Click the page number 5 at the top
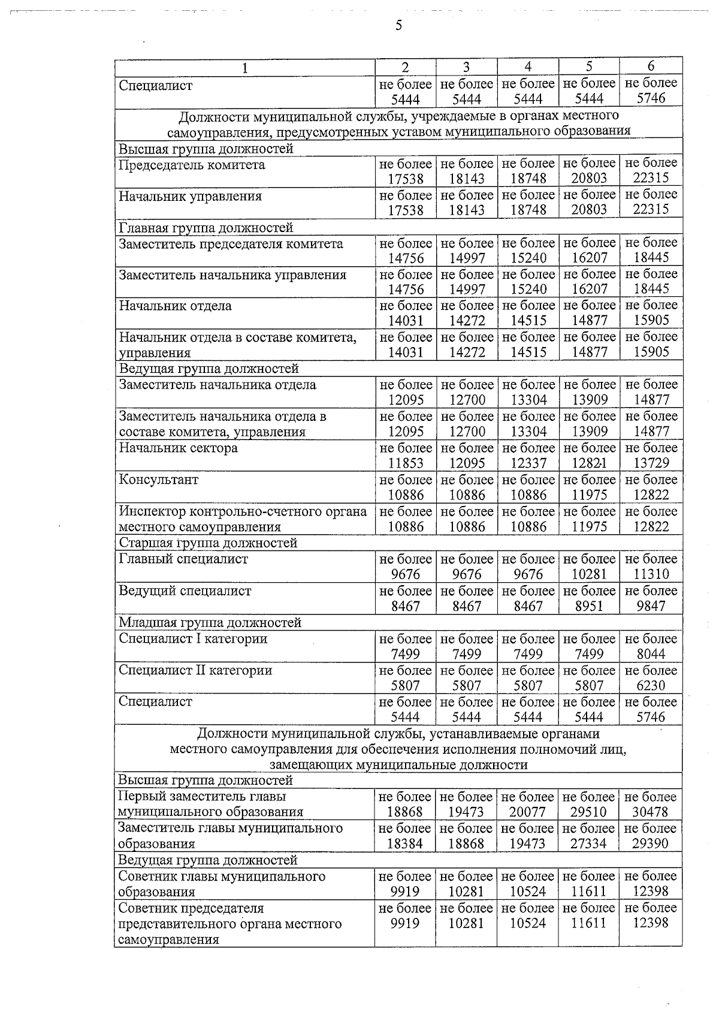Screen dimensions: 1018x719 click(x=398, y=26)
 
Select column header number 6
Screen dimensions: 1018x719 click(x=651, y=67)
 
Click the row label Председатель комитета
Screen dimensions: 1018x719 click(x=192, y=165)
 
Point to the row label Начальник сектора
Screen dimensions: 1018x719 click(x=178, y=448)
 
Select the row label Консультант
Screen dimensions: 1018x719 click(x=158, y=480)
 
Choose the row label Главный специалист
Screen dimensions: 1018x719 click(x=183, y=559)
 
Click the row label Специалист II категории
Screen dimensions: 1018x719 click(x=195, y=670)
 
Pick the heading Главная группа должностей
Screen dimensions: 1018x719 click(x=206, y=228)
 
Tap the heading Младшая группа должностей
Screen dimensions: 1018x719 click(x=210, y=623)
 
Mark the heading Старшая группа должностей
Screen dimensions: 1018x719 click(x=208, y=543)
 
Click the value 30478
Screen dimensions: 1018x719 click(x=650, y=812)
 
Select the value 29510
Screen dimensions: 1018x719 click(x=588, y=812)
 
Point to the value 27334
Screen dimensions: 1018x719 click(x=588, y=844)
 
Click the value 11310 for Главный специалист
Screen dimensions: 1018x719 click(x=651, y=574)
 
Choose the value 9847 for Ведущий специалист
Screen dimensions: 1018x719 click(x=651, y=606)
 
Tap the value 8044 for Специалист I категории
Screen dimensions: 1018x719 click(x=651, y=654)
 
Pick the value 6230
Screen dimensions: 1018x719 click(x=651, y=686)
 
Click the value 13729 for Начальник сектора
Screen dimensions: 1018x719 click(x=651, y=463)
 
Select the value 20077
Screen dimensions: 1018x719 click(x=527, y=812)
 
